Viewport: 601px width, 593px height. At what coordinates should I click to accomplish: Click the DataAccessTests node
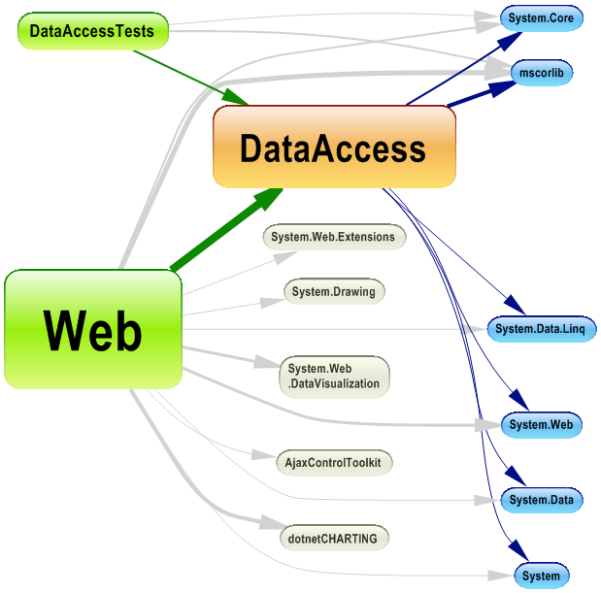click(92, 31)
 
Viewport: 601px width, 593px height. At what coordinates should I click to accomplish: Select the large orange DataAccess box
click(334, 148)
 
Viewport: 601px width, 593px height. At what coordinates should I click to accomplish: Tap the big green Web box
click(93, 330)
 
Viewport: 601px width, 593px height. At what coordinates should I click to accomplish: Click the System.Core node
click(541, 18)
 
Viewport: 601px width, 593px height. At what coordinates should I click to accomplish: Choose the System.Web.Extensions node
click(333, 237)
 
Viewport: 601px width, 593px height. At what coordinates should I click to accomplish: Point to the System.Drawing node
click(333, 291)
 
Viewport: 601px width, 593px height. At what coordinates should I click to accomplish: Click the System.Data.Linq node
click(540, 329)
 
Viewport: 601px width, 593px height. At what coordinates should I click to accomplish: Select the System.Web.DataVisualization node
click(333, 377)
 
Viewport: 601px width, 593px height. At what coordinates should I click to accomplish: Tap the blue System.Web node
click(541, 424)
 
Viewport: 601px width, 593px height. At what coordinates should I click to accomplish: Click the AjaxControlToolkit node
click(333, 462)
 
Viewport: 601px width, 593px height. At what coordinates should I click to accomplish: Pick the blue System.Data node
click(542, 500)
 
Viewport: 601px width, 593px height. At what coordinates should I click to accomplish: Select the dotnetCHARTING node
click(333, 537)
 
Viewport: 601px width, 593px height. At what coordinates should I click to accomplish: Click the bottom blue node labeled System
click(540, 576)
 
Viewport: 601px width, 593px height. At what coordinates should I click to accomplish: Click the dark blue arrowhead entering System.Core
click(510, 39)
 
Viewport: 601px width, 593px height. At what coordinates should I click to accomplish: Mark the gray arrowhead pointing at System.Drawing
click(271, 301)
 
